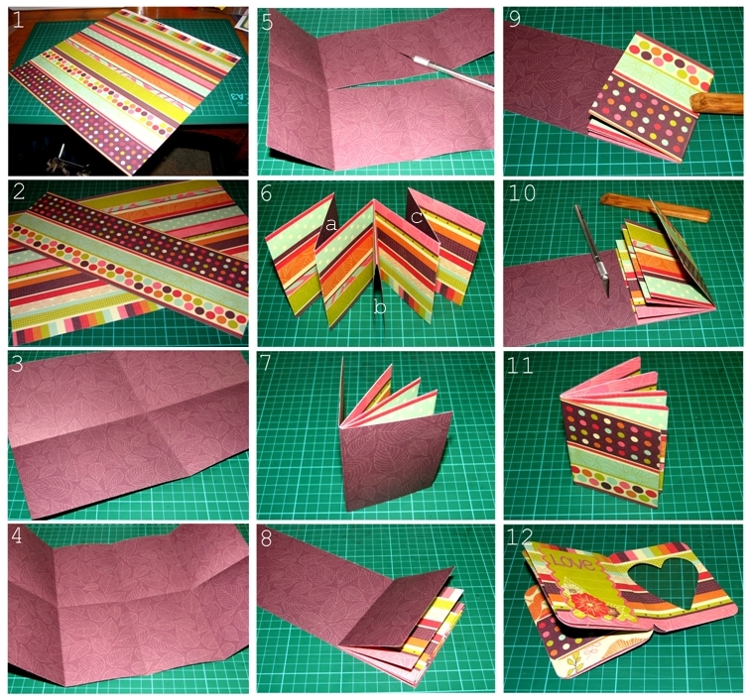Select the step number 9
[x=515, y=20]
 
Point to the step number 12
[x=522, y=540]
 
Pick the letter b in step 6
[x=380, y=308]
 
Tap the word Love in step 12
[x=572, y=568]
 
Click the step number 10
[x=522, y=192]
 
